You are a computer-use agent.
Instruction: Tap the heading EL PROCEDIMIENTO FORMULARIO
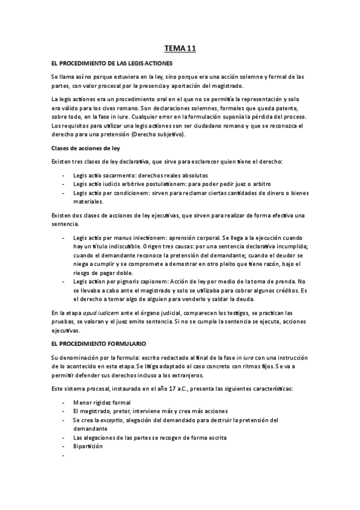[x=99, y=343]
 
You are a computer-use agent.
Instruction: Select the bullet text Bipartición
[x=88, y=446]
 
